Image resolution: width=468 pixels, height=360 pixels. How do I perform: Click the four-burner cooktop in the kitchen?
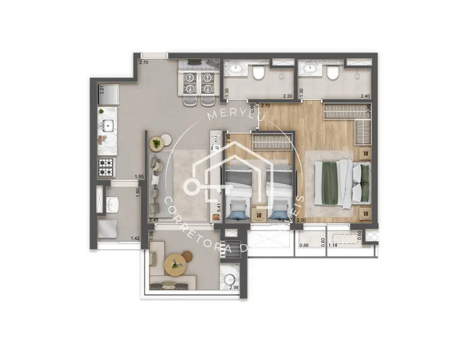pos(106,164)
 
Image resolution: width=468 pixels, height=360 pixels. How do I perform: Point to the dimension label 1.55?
pos(139,177)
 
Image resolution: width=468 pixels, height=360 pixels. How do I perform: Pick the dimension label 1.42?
pos(135,239)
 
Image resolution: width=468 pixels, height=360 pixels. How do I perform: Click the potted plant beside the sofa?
pos(157,144)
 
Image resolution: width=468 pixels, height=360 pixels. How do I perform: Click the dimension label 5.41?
pos(220,207)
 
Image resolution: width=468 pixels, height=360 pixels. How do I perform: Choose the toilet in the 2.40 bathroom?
pos(332,73)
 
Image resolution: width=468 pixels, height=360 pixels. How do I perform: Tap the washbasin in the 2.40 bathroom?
pos(308,69)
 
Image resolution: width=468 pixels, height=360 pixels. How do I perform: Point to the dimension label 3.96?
pos(369,110)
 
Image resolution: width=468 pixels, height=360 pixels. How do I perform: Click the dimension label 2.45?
pos(154,220)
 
